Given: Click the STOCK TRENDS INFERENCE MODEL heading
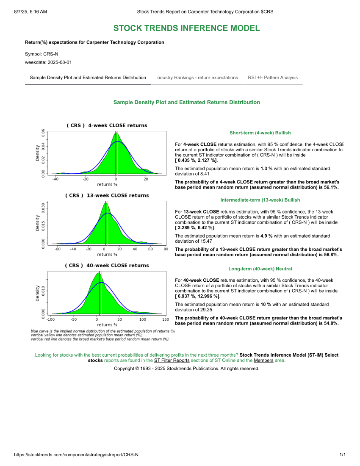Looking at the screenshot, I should [x=186, y=28].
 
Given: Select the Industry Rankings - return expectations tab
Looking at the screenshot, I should [x=197, y=78].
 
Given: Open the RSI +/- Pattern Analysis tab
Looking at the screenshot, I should [x=273, y=78].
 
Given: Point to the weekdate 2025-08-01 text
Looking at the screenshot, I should [x=48, y=62].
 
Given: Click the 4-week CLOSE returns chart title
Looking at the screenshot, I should [x=107, y=125].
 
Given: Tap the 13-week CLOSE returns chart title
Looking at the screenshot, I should [x=107, y=195].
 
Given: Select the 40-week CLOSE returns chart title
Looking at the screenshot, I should [x=107, y=265].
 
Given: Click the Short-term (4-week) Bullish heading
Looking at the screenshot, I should [x=260, y=133].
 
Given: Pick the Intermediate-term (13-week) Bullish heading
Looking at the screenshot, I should [x=260, y=200].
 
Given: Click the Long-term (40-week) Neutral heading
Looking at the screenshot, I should [x=260, y=269].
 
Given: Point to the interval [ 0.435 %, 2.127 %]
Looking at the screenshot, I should [x=196, y=161].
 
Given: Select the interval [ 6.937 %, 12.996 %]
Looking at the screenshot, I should [x=197, y=297].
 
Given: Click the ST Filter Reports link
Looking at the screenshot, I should [x=172, y=361].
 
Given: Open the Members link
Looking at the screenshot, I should [x=263, y=361].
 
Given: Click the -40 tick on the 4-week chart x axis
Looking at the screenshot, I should [x=55, y=179].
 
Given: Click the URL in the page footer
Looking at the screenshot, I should [x=76, y=455].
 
